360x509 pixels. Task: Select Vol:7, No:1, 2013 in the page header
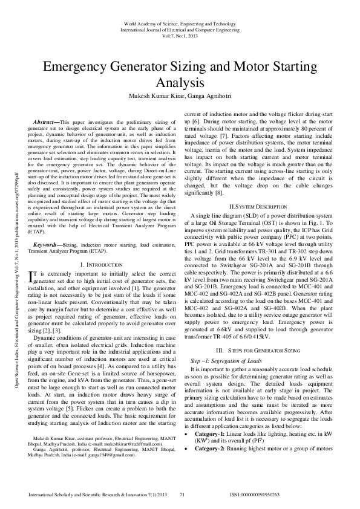tap(180, 36)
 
